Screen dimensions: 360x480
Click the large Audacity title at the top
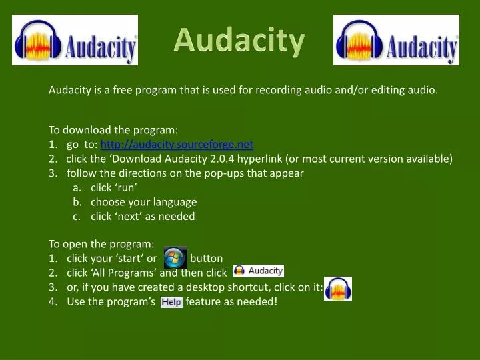click(239, 41)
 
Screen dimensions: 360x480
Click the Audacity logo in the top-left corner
click(75, 40)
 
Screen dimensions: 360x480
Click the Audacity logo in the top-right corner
click(396, 40)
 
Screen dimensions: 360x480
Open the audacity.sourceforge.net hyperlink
click(177, 144)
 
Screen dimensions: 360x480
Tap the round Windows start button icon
click(175, 257)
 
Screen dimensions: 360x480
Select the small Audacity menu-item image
click(259, 271)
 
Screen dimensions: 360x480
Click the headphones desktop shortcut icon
click(338, 289)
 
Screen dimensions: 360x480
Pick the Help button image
click(171, 302)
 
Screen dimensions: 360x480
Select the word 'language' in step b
click(175, 201)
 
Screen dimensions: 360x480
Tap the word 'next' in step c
click(127, 216)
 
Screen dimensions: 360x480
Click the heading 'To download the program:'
click(113, 129)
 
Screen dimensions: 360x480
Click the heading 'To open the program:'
click(101, 244)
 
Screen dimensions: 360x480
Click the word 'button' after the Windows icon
click(206, 258)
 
